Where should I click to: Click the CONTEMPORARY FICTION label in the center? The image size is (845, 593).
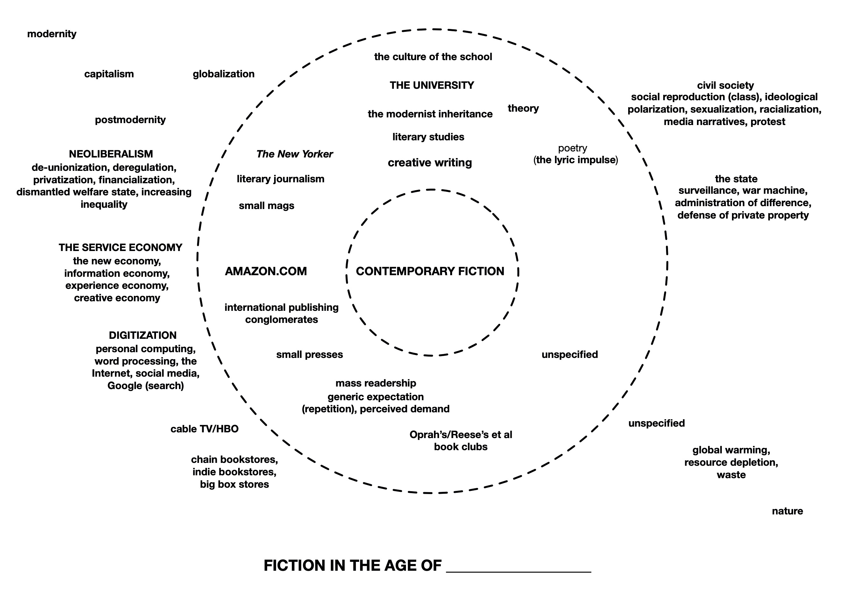point(430,271)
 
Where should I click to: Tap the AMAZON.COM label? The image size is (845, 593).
point(266,271)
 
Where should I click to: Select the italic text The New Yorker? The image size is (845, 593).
point(295,154)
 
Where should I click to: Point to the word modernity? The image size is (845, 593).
point(52,34)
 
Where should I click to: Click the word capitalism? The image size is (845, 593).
point(109,74)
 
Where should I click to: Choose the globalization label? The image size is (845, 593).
point(224,74)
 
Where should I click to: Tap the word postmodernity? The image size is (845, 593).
point(130,120)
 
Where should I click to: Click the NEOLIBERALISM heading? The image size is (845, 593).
point(111,154)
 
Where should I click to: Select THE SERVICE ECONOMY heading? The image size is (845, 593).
point(120,248)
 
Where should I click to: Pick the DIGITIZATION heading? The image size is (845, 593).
point(142,335)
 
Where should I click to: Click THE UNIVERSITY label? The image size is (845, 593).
point(432,85)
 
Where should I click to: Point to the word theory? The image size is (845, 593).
point(523,108)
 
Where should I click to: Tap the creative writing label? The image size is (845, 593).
point(430,163)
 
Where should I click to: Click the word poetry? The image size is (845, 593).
point(572,148)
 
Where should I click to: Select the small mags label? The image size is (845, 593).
point(266,206)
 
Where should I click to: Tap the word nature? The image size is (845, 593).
point(787,511)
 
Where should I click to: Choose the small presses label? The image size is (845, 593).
point(309,354)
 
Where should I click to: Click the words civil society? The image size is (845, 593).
point(725,85)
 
